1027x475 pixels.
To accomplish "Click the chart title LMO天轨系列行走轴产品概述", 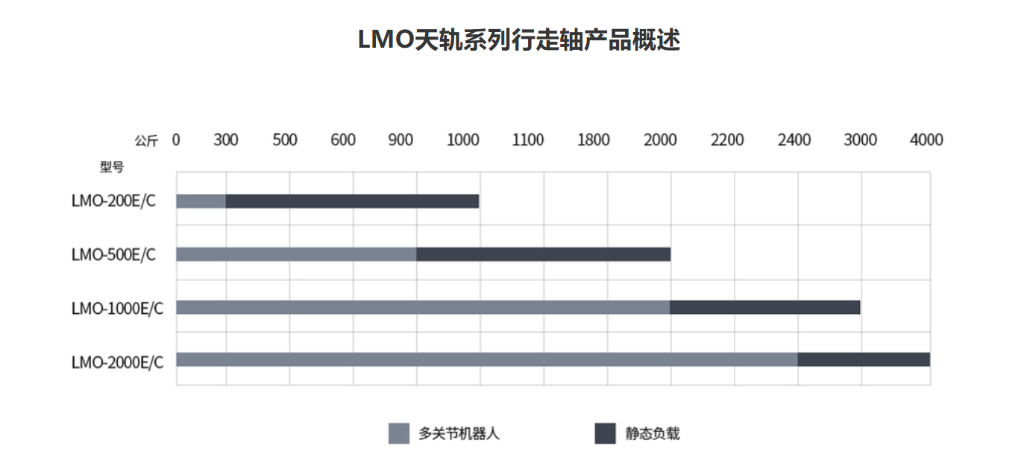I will point(518,40).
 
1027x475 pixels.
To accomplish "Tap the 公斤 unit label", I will point(146,140).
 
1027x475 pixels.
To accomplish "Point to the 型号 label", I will point(112,167).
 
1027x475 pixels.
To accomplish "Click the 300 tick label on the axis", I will point(226,139).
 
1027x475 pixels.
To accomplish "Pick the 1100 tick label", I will point(528,139).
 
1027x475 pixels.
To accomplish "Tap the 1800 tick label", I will point(594,139).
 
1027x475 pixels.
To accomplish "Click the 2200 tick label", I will point(727,139).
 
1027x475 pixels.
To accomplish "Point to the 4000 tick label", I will point(927,139).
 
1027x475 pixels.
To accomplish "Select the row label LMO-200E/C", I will point(114,201).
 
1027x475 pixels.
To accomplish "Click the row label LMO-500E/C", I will point(114,254).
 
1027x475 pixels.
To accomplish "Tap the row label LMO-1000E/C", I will point(117,307).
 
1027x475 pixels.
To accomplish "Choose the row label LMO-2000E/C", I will point(117,361).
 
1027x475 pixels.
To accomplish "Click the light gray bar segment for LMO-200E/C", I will point(201,201).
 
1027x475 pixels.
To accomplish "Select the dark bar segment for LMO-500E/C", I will point(543,254).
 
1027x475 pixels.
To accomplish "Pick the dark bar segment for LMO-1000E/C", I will point(764,307).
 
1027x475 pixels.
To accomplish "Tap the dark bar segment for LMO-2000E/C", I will point(864,360).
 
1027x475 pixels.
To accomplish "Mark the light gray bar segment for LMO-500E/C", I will point(296,254).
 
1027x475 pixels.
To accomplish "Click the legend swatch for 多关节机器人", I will point(399,433).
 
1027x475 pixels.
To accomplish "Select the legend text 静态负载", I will point(653,433).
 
